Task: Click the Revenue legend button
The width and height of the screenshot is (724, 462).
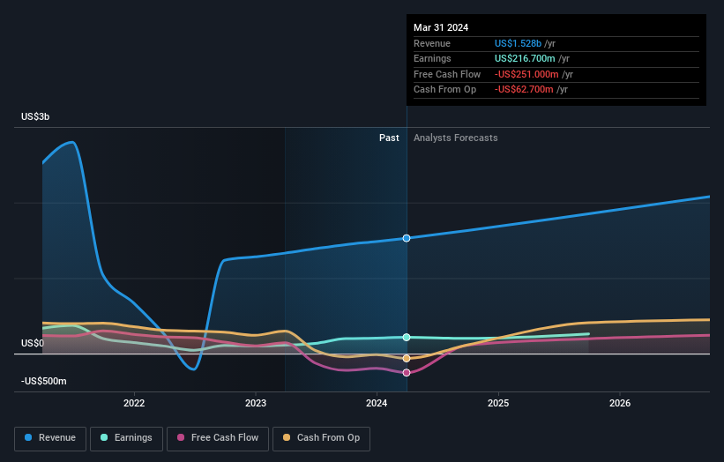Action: pyautogui.click(x=51, y=437)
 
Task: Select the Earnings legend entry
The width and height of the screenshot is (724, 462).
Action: pyautogui.click(x=126, y=437)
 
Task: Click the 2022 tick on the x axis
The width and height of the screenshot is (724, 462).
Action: pyautogui.click(x=134, y=404)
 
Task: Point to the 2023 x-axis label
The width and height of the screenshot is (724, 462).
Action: pyautogui.click(x=256, y=404)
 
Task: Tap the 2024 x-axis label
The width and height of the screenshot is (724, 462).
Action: pyautogui.click(x=377, y=404)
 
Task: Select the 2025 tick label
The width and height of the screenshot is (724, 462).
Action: pyautogui.click(x=498, y=404)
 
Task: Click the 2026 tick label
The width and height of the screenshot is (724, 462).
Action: pyautogui.click(x=620, y=404)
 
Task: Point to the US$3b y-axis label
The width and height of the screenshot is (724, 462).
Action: pyautogui.click(x=37, y=117)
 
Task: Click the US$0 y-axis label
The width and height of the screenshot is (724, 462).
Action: pyautogui.click(x=34, y=343)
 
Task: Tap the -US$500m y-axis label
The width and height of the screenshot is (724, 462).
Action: pyautogui.click(x=44, y=381)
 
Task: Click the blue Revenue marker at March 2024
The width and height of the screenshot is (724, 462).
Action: pyautogui.click(x=407, y=238)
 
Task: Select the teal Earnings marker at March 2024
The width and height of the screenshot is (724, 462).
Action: pyautogui.click(x=407, y=337)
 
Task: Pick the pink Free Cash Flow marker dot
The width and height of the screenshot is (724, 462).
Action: pyautogui.click(x=407, y=372)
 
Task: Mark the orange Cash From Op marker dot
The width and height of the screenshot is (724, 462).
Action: pyautogui.click(x=407, y=358)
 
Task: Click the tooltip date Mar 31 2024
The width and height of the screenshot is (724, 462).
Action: pyautogui.click(x=441, y=27)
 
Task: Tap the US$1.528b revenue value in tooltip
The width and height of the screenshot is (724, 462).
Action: pyautogui.click(x=519, y=43)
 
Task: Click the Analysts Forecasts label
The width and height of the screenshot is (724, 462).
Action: pyautogui.click(x=455, y=138)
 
